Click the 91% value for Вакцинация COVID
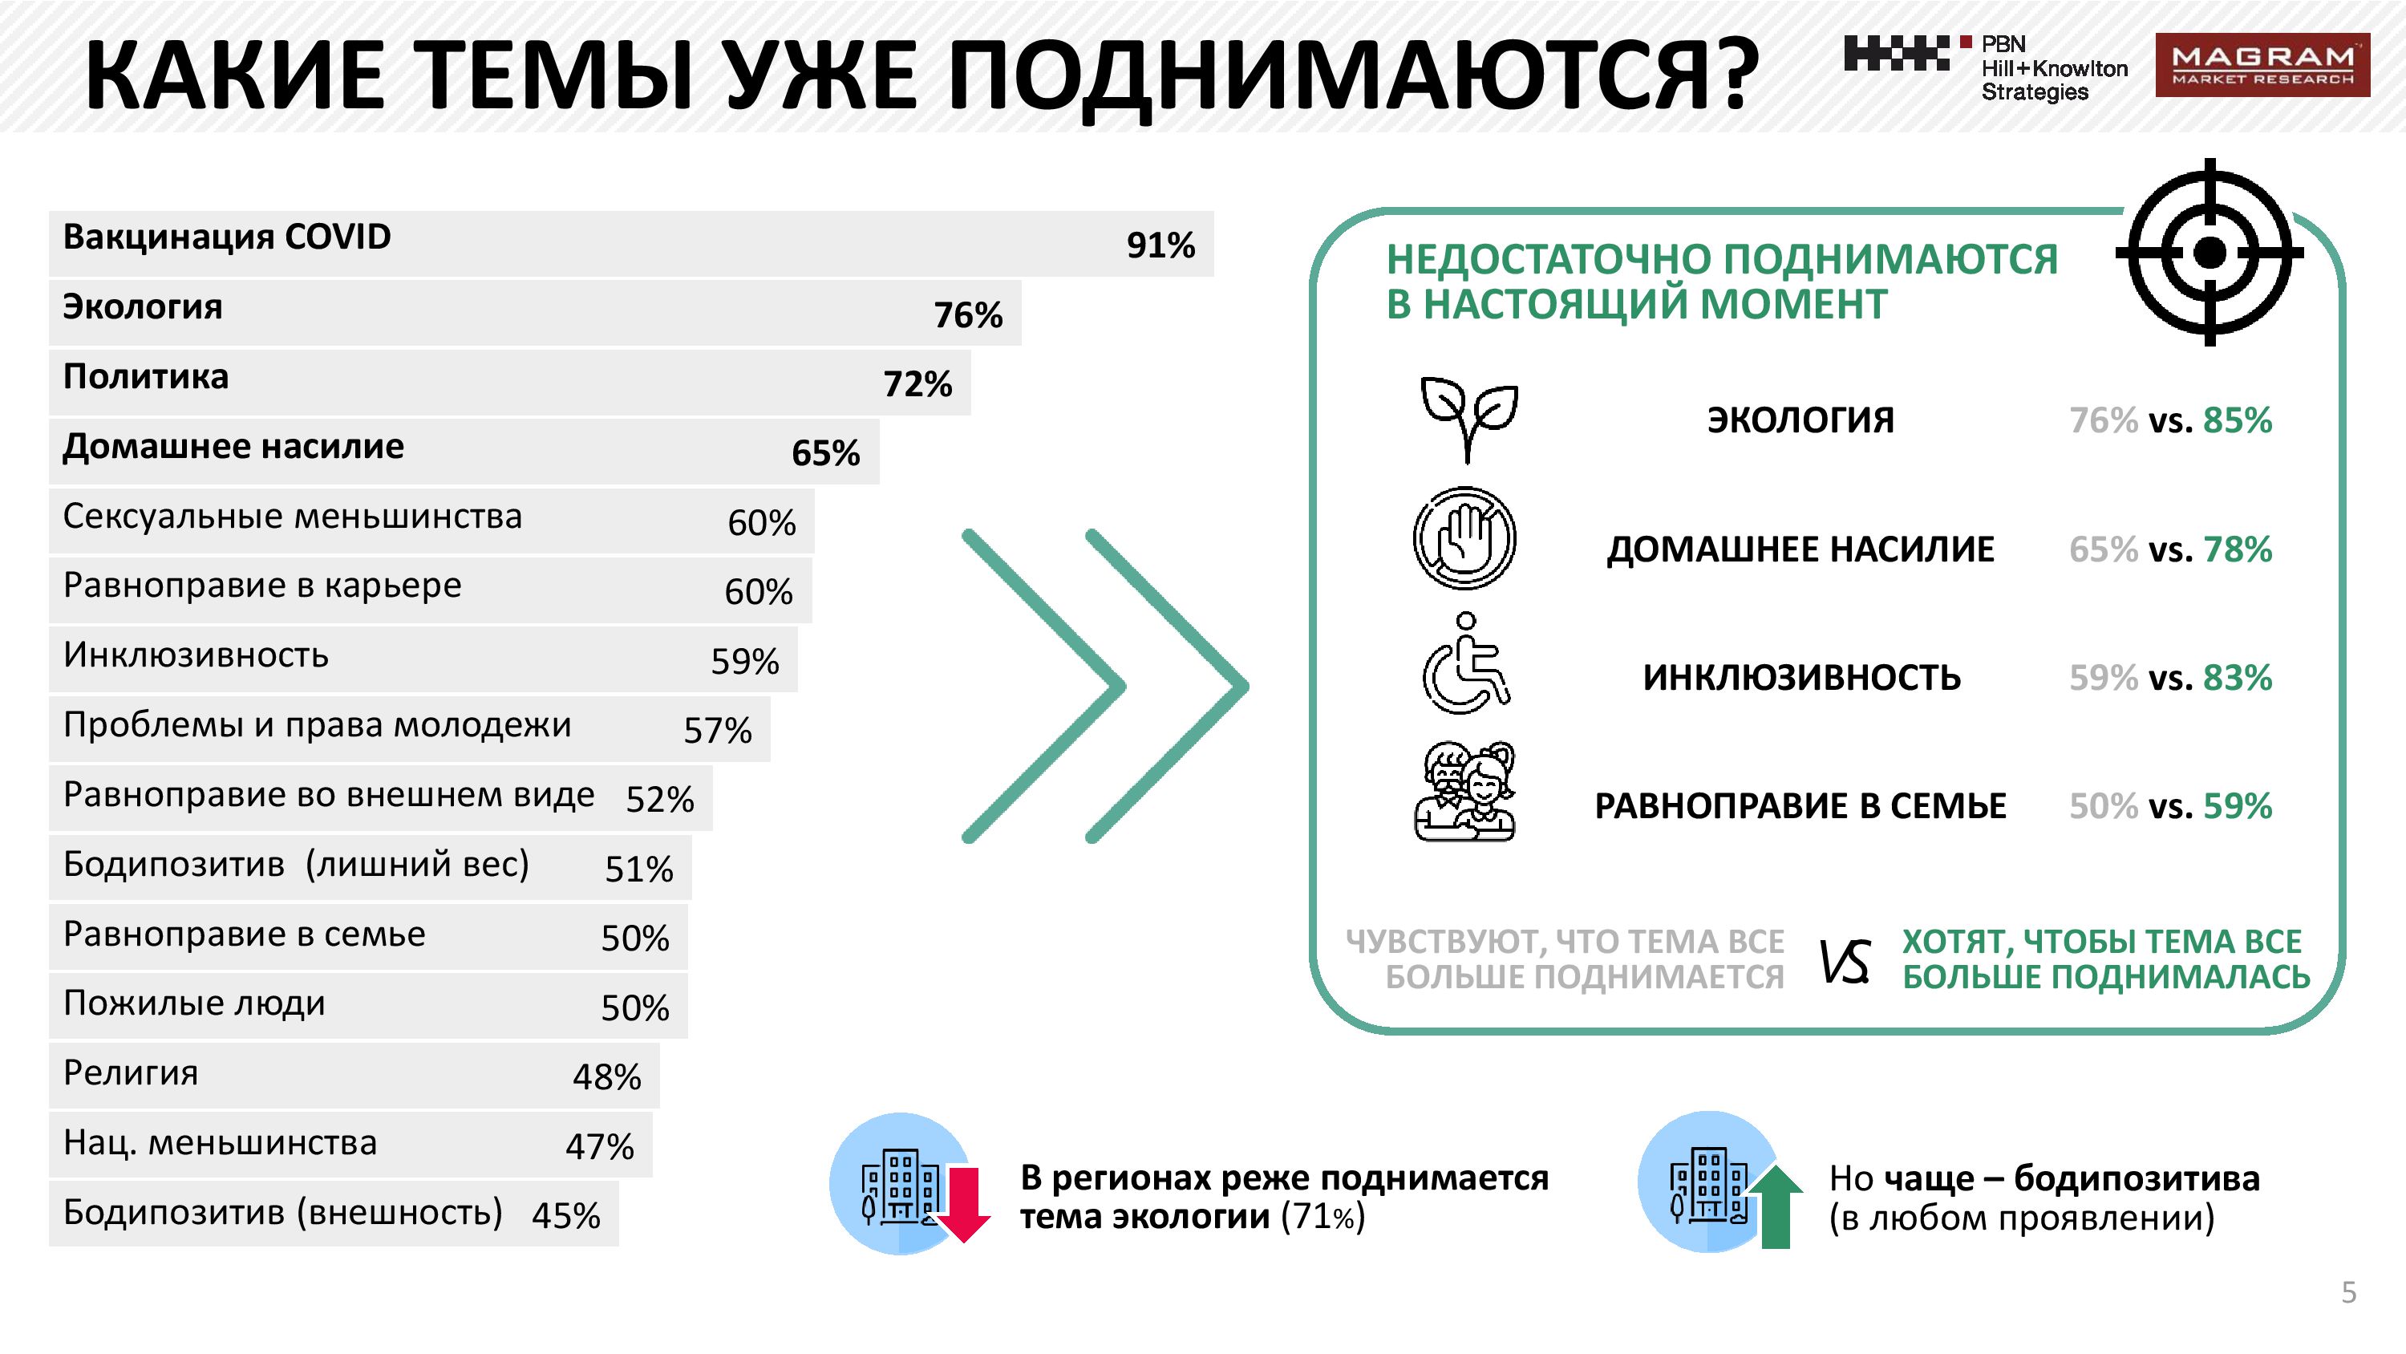pos(1160,245)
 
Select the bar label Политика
pos(146,376)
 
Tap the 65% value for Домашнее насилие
pos(826,453)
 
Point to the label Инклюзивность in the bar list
pos(196,655)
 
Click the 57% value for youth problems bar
pos(717,731)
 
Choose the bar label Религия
pos(131,1072)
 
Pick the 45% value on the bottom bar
pos(566,1216)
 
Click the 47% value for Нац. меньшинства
pos(600,1146)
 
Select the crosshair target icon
pos(2209,253)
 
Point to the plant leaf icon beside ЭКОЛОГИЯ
pos(1468,419)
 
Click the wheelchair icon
pos(1465,664)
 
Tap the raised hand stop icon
pos(1464,538)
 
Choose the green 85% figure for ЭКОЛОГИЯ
pos(2237,420)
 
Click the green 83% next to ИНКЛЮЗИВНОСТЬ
pos(2237,678)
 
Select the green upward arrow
pos(1775,1207)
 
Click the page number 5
pos(2348,1292)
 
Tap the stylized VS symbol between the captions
pos(1845,962)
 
